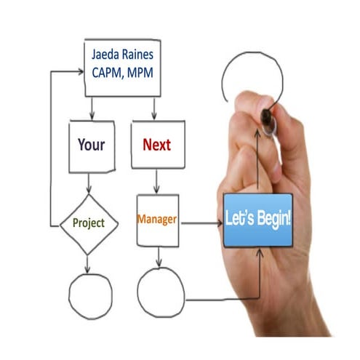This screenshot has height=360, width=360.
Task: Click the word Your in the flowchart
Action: pos(91,144)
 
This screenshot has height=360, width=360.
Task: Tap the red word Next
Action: pos(156,144)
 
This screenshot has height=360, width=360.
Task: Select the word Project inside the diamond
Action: pos(87,223)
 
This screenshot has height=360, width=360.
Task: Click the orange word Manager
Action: pos(156,217)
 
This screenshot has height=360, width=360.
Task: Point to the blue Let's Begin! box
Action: pos(257,218)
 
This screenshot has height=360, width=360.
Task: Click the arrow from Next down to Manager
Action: pos(157,182)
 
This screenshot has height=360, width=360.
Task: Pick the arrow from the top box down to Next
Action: pos(153,108)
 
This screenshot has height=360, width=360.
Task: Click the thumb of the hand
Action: pos(295,145)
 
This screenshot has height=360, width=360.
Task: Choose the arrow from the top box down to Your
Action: pos(92,108)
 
